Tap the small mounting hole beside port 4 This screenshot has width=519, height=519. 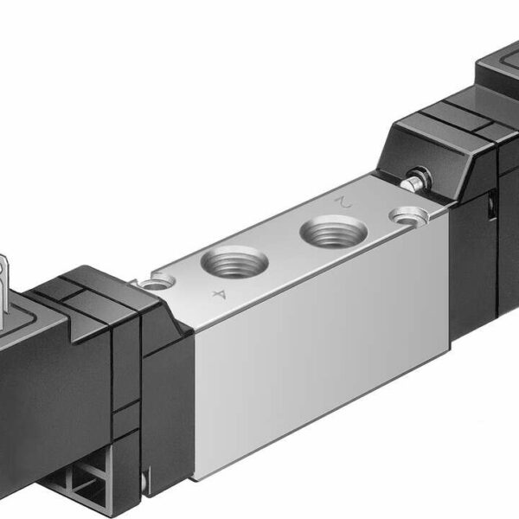157,280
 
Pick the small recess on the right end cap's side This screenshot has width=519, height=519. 490,208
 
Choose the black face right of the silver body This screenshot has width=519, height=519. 471,259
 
